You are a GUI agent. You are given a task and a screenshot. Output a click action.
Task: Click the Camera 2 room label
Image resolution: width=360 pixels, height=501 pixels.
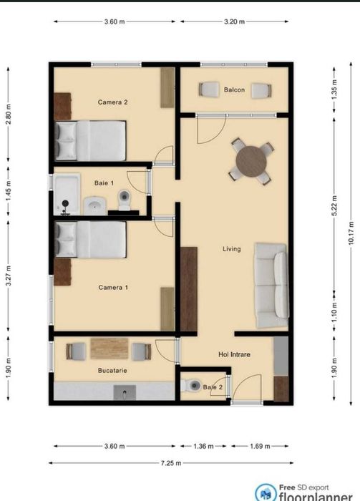tap(112, 102)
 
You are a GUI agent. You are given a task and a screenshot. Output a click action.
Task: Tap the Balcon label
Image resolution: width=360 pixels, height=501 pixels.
tap(234, 90)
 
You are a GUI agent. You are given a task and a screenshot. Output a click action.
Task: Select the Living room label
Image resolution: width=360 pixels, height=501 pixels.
tap(231, 249)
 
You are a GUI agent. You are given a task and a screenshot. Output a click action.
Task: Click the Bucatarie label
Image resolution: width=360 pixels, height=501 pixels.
tap(112, 371)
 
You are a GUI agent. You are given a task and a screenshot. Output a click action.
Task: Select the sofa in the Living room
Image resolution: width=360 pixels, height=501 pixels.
tap(272, 281)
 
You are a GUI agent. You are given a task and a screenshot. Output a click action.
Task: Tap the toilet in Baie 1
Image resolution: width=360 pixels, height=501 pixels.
tap(124, 200)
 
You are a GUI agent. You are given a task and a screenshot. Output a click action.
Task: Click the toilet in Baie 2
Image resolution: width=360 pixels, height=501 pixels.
tap(191, 386)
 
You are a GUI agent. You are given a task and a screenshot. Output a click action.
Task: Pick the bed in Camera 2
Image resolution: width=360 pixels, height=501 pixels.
tap(91, 140)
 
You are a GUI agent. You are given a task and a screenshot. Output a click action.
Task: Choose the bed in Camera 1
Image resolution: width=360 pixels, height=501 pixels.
tap(91, 240)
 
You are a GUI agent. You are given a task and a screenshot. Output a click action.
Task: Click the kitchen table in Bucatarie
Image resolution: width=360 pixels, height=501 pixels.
tap(109, 349)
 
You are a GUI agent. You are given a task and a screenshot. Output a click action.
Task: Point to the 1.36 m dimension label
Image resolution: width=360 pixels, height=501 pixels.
tap(204, 446)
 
